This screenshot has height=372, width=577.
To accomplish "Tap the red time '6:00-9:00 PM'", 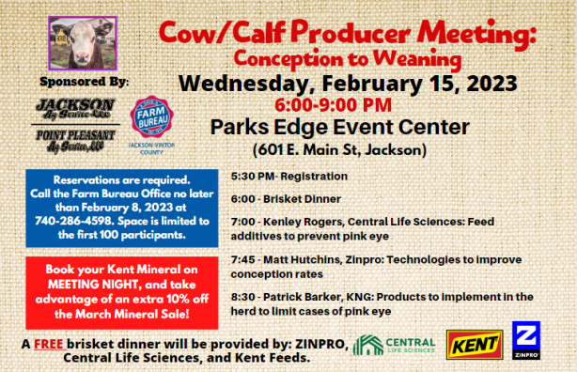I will tap(334, 104).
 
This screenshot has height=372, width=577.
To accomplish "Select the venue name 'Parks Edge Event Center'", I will tap(339, 127).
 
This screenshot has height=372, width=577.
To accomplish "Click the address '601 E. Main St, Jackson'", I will tap(339, 149).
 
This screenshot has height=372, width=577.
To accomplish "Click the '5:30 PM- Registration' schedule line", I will tap(288, 177).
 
